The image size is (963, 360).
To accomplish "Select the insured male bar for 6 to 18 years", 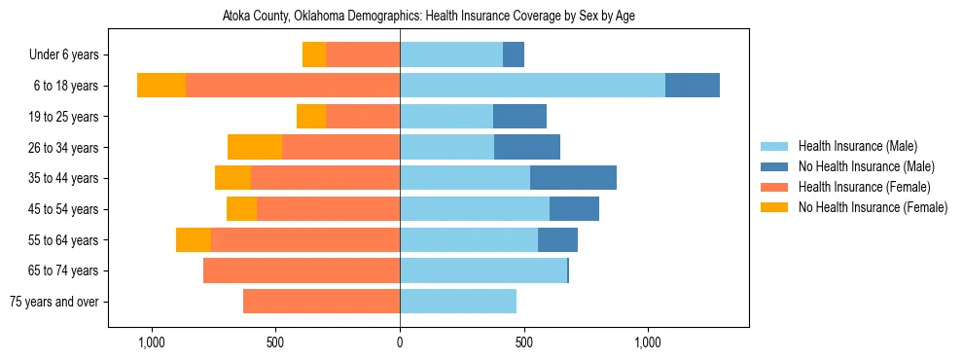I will [532, 86].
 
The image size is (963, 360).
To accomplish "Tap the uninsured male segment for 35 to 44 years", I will [573, 178].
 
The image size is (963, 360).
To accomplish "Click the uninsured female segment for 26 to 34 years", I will [255, 147].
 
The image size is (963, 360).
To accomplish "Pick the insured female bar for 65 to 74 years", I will [302, 270].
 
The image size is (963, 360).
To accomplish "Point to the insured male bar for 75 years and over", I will [458, 302].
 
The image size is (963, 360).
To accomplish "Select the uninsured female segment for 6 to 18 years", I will [161, 86].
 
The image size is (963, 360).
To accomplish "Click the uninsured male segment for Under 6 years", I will [514, 54].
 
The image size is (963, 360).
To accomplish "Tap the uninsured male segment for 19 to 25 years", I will [519, 117].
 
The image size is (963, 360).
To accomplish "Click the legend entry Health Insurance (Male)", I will [857, 146].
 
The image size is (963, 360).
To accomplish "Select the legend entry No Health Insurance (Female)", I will [873, 207].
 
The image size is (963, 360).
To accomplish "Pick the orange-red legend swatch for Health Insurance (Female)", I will [774, 187].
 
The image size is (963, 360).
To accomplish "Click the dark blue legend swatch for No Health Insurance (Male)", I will [774, 166].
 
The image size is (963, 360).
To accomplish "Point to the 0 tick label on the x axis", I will [400, 342].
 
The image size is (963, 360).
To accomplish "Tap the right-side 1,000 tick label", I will [649, 342].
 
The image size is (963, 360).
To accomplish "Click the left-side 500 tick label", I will [275, 342].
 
